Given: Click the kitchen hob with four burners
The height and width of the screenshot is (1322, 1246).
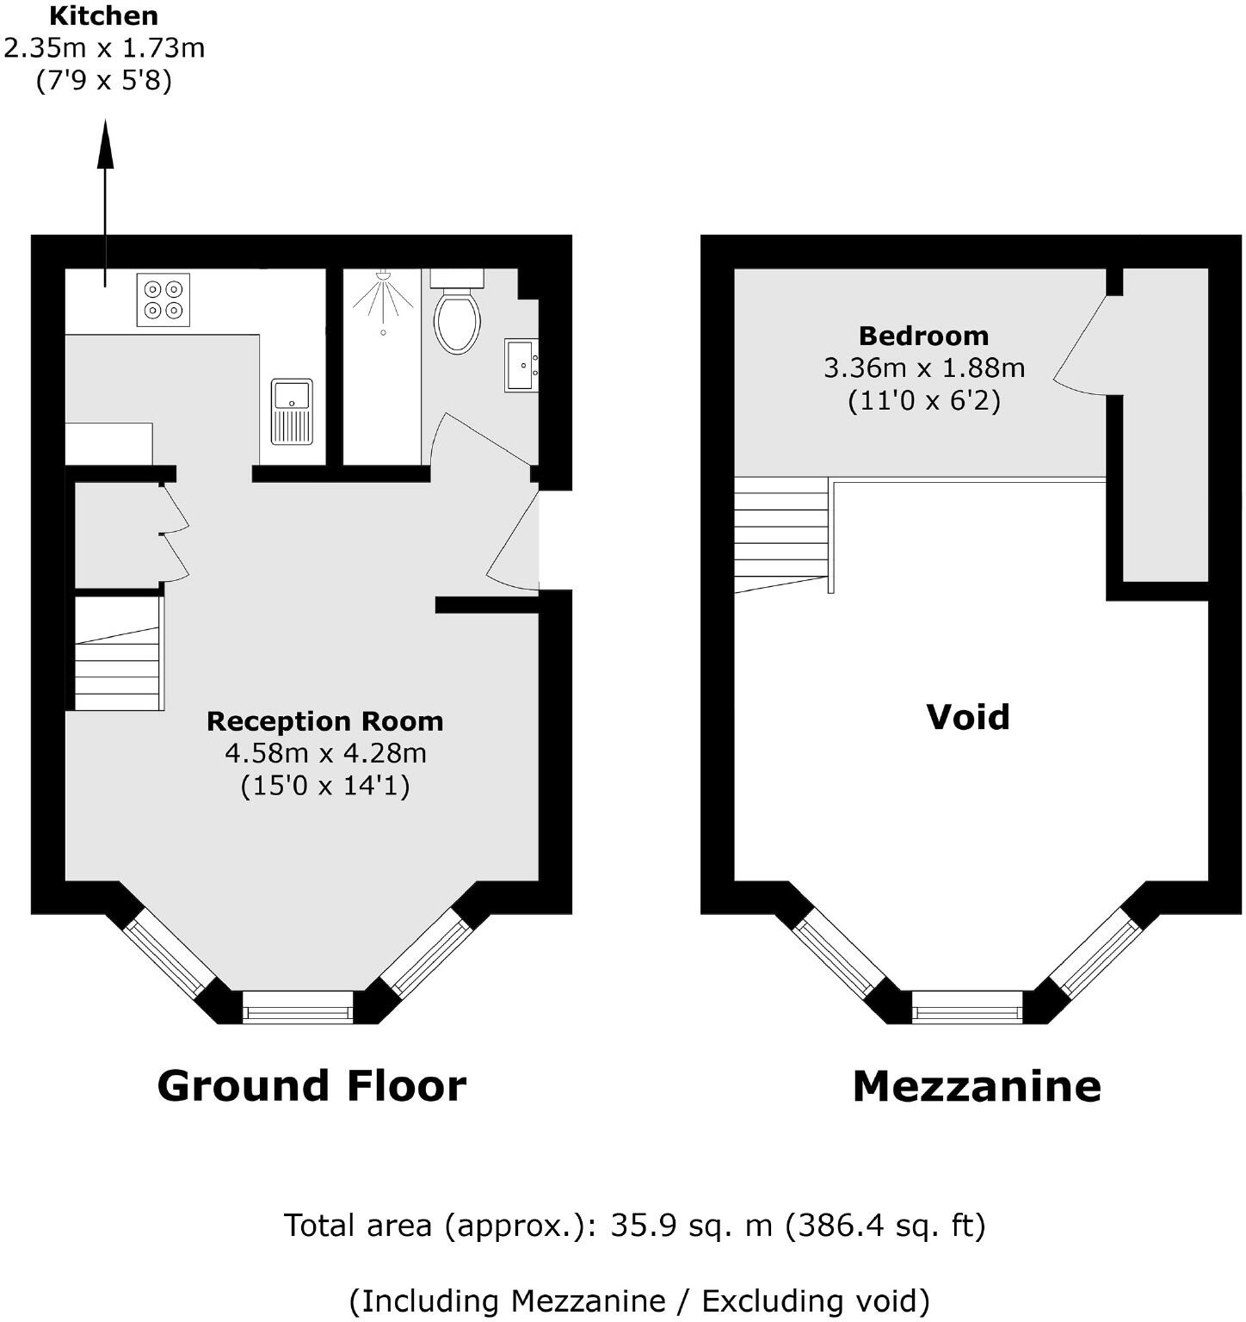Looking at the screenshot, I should coord(163,300).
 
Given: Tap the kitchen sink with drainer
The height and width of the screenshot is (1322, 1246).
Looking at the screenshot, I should coord(292,411).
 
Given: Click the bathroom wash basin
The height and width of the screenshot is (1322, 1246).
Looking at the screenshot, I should coord(521,364).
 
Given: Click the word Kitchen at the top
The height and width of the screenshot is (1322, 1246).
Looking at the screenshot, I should coord(103,15).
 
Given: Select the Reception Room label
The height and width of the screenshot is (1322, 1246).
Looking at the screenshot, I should coord(324,721).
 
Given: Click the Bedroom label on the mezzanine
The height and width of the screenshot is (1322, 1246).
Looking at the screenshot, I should coord(923,336).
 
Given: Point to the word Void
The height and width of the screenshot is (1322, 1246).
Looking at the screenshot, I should coord(967,717).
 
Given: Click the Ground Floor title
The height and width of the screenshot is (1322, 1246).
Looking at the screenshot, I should coord(311,1085).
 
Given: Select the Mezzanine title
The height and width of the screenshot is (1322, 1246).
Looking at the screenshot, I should coord(977,1086).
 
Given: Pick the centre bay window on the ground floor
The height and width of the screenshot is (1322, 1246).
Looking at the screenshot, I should coord(298,1006).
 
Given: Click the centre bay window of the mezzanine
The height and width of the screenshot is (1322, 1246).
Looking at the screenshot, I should coord(967,1006).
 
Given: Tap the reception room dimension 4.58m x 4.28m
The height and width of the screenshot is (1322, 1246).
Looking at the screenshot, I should coord(325,753).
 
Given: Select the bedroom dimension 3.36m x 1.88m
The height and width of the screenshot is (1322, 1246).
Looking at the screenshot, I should coord(924,368).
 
